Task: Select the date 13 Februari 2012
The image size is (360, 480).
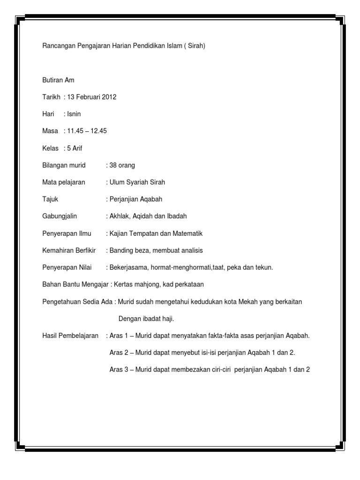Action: tap(92, 97)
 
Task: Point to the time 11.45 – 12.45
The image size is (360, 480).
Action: tap(87, 131)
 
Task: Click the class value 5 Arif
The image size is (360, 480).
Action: tap(75, 148)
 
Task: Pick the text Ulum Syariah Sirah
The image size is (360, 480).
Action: tap(137, 182)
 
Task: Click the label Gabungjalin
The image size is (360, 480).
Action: tap(60, 216)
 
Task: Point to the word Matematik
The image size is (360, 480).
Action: tap(187, 233)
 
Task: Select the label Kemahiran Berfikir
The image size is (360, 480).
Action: tap(69, 250)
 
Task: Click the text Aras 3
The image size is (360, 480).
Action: tap(119, 369)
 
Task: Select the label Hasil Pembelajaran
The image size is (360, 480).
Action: tap(70, 336)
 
